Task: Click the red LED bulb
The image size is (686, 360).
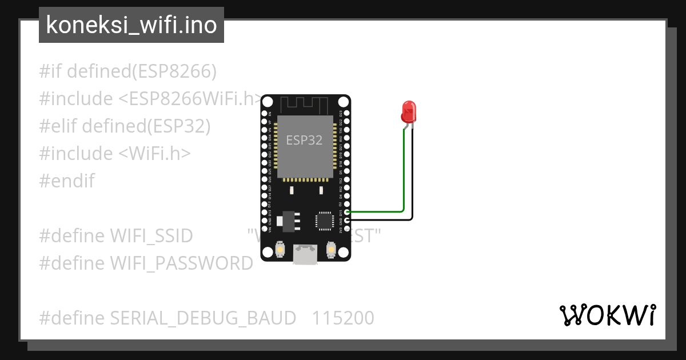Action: click(408, 111)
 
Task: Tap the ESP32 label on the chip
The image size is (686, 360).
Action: click(304, 140)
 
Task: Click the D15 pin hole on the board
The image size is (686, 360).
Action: click(346, 212)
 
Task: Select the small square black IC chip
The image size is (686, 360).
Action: click(324, 221)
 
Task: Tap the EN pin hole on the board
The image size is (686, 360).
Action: click(264, 114)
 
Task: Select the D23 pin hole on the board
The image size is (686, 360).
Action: click(346, 114)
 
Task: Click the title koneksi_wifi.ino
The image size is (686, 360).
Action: click(131, 25)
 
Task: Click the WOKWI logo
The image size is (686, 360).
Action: click(607, 315)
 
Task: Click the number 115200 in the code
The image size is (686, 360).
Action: click(343, 318)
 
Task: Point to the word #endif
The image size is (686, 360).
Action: click(67, 181)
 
